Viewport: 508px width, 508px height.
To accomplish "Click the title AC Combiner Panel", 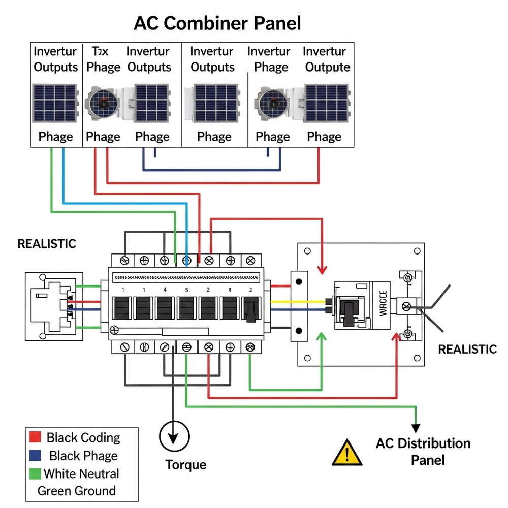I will point(217,23).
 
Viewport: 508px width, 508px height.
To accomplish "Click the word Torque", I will point(186,464).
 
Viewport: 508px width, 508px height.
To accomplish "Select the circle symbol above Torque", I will point(174,436).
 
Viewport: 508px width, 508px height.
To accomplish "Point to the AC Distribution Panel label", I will point(423,452).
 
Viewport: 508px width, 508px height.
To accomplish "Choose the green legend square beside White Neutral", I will point(35,473).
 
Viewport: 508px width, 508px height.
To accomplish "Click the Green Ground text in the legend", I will point(77,491).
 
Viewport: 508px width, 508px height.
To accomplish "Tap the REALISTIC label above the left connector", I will point(47,244).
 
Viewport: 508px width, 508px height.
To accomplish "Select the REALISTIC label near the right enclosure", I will point(467,349).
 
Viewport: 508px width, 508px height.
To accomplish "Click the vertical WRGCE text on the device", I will point(383,303).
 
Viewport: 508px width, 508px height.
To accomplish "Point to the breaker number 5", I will point(186,290).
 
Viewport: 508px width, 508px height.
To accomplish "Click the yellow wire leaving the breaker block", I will point(297,301).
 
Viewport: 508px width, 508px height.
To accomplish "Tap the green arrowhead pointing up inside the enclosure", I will point(321,336).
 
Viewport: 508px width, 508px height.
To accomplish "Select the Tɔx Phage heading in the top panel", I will point(103,59).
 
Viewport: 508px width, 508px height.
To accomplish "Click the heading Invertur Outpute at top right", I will point(328,59).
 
